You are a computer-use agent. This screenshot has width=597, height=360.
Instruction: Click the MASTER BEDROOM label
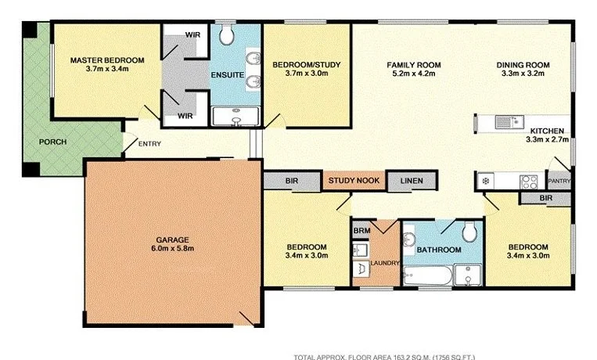108,59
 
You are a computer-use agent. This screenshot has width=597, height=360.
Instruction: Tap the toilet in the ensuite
225,34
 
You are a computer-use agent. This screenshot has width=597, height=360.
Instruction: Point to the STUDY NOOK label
354,182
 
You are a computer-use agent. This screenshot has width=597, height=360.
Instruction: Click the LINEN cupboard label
412,182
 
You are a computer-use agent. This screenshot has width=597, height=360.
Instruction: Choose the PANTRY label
559,182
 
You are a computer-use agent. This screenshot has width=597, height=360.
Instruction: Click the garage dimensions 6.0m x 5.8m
174,249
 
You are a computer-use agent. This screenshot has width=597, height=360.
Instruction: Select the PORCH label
52,142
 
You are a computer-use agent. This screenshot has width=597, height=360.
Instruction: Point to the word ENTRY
150,144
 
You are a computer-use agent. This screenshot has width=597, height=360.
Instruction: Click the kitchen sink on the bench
505,121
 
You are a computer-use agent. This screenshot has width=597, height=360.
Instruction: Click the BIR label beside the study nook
291,182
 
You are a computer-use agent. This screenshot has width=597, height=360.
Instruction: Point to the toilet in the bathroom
469,232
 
